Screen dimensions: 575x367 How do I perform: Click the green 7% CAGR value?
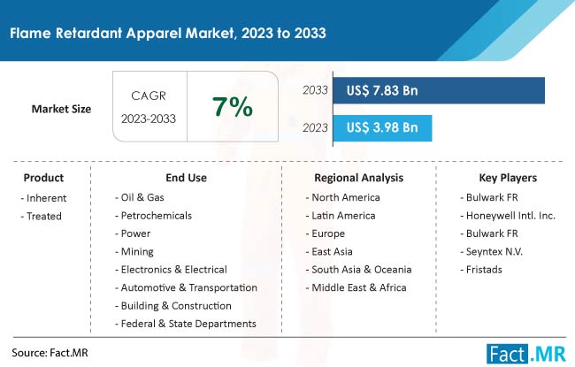233,107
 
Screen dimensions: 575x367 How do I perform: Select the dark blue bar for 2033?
439,90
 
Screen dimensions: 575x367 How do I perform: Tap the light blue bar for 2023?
382,128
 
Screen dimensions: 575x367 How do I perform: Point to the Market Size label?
61,109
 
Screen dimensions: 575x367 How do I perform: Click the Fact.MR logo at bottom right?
526,354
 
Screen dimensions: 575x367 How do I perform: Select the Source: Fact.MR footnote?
50,353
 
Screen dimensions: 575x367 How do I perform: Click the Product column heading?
43,178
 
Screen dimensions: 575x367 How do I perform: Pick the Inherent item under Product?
43,198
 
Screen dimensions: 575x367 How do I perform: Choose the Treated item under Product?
41,217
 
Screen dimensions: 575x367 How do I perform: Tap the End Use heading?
187,178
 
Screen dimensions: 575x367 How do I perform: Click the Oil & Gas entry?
140,197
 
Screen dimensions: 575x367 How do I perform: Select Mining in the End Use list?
134,252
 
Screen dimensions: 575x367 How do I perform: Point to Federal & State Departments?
186,324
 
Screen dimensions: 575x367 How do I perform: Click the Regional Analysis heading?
358,178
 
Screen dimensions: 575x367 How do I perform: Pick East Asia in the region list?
329,251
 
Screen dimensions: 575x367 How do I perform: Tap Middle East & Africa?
356,287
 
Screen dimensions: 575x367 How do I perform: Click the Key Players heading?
508,178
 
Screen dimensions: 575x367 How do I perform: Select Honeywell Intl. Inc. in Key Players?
508,216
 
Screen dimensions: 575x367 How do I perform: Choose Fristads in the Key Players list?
481,270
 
